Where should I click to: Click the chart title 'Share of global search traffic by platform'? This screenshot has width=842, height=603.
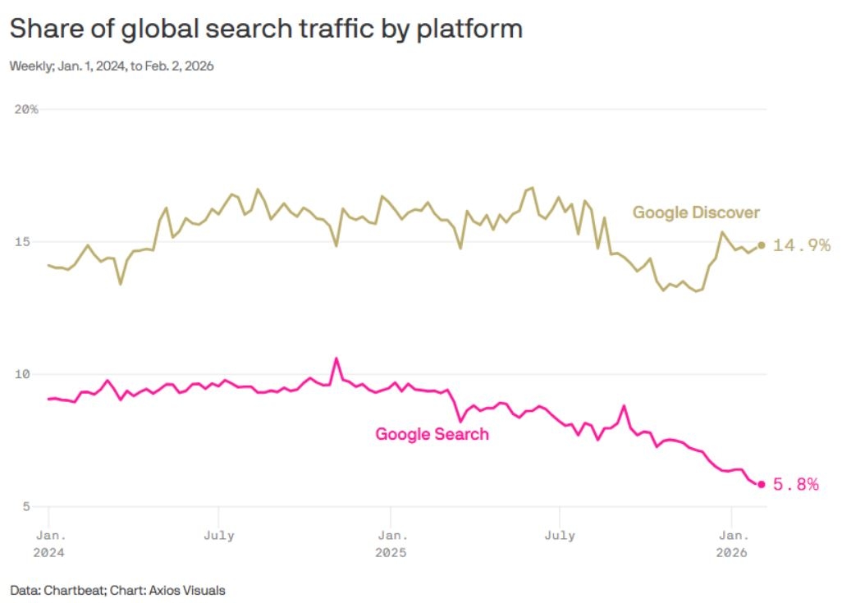pos(266,29)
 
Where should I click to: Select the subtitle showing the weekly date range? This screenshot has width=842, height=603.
pos(112,66)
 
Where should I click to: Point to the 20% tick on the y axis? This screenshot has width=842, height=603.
pos(27,109)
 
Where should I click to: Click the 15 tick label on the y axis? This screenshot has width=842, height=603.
pos(24,242)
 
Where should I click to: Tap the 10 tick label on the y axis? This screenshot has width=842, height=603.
pos(24,374)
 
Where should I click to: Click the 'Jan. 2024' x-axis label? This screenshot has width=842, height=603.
pos(48,544)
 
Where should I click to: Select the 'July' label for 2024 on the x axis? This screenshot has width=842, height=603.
pos(218,536)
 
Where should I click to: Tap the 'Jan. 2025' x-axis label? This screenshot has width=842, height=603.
pos(390,544)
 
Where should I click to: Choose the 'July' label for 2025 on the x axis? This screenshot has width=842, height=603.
pos(559,536)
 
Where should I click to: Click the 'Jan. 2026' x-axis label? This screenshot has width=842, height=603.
pos(730,544)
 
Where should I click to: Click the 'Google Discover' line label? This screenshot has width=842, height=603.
pos(696,213)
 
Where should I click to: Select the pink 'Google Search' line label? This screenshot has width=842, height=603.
pos(432,434)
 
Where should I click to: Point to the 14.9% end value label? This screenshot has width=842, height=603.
pos(802,245)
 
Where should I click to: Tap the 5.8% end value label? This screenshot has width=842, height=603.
pos(796,485)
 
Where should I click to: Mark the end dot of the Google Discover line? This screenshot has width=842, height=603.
pos(761,244)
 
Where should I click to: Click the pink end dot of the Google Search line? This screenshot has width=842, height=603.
pos(761,484)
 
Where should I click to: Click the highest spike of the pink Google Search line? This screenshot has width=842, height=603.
pos(336,359)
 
